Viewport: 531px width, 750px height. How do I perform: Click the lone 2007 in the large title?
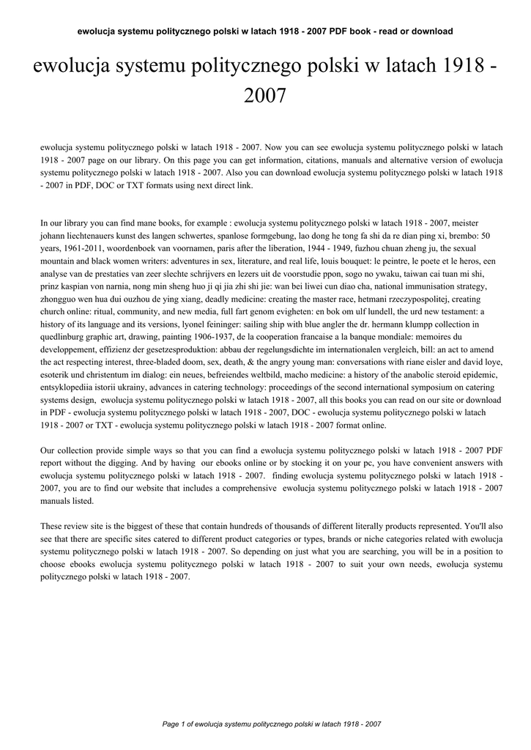pos(265,96)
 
